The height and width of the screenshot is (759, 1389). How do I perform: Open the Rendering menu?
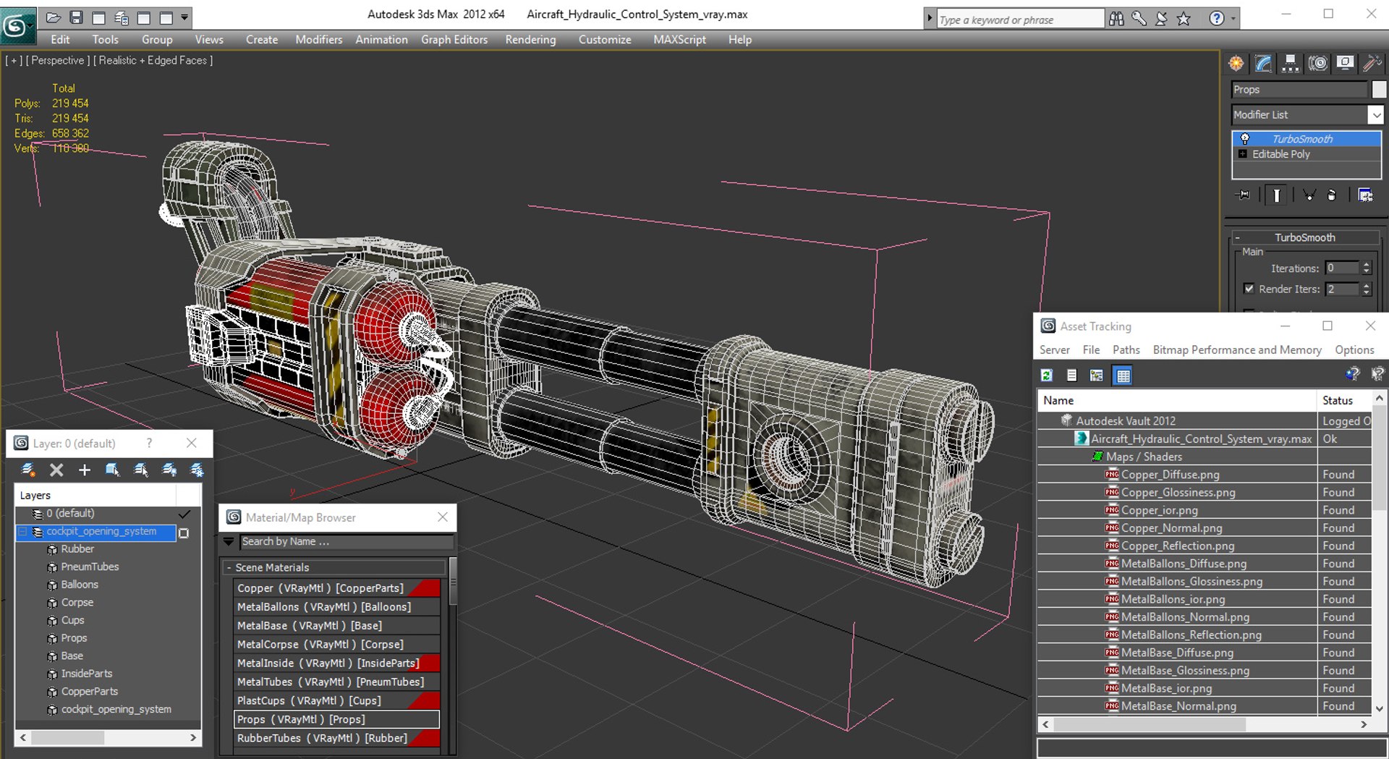click(530, 40)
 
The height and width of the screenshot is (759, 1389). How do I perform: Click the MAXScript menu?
click(679, 40)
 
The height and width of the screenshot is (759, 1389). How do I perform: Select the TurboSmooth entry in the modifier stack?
click(1302, 139)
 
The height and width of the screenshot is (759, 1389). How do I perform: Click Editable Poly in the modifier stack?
click(1280, 154)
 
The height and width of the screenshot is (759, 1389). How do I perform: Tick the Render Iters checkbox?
click(1249, 289)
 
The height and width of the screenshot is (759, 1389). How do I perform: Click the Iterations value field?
click(1342, 268)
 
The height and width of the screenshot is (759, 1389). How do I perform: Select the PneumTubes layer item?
click(90, 567)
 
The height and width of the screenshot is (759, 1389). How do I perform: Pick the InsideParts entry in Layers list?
click(87, 674)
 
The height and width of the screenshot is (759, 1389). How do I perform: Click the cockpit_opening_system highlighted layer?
click(101, 531)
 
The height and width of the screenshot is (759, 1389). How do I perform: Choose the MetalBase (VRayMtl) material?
click(310, 626)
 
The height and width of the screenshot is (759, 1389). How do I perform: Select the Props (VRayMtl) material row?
click(301, 719)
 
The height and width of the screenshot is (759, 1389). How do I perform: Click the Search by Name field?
click(346, 541)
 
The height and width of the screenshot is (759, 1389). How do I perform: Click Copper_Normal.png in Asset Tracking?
click(1171, 528)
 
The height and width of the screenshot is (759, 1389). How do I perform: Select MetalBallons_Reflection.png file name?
click(1191, 635)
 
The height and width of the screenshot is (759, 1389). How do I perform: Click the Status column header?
click(1337, 400)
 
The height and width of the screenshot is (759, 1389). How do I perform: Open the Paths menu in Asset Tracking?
click(1126, 350)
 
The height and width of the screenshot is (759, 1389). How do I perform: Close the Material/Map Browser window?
click(443, 517)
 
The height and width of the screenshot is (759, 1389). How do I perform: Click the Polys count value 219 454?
click(70, 103)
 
